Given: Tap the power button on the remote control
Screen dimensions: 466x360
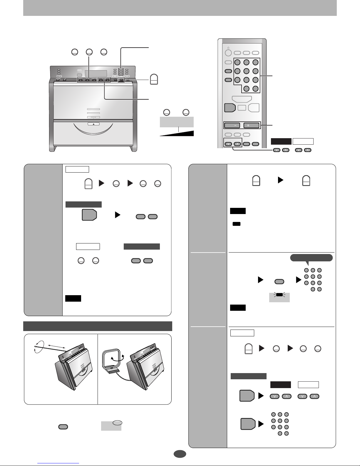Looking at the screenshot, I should pyautogui.click(x=228, y=53).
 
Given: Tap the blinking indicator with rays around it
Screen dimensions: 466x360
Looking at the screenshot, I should pyautogui.click(x=279, y=295).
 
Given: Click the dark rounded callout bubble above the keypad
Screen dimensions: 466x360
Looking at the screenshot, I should pyautogui.click(x=311, y=258).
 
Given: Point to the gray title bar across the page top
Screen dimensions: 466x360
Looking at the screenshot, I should pyautogui.click(x=180, y=8).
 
